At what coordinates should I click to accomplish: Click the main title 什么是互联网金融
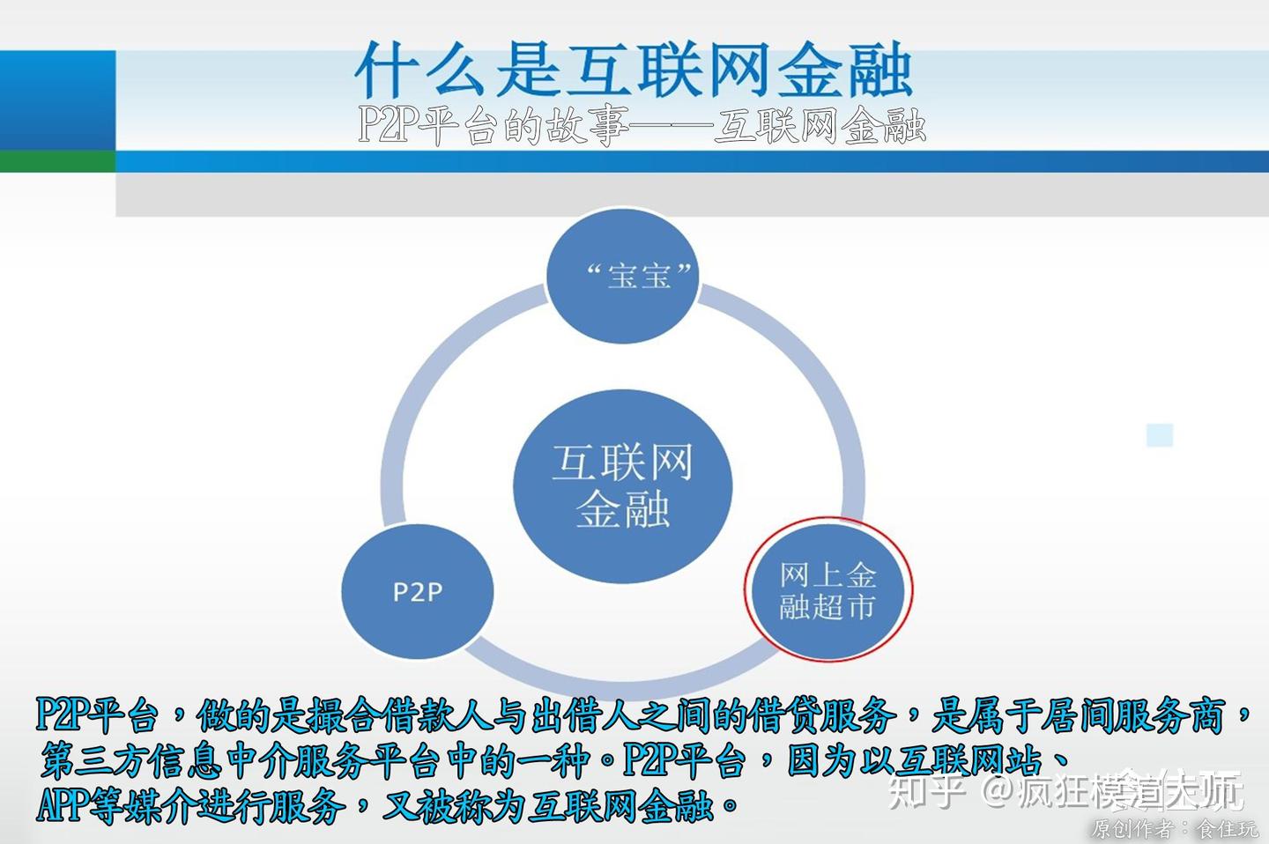pos(633,70)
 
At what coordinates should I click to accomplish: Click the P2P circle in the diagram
pos(417,590)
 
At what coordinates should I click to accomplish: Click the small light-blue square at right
pos(1160,435)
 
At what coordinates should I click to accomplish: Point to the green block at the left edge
pos(57,160)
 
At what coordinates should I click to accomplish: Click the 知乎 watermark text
pos(922,790)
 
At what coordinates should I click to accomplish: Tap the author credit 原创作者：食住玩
pos(1175,829)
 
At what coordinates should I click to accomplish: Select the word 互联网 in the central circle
pos(622,463)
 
